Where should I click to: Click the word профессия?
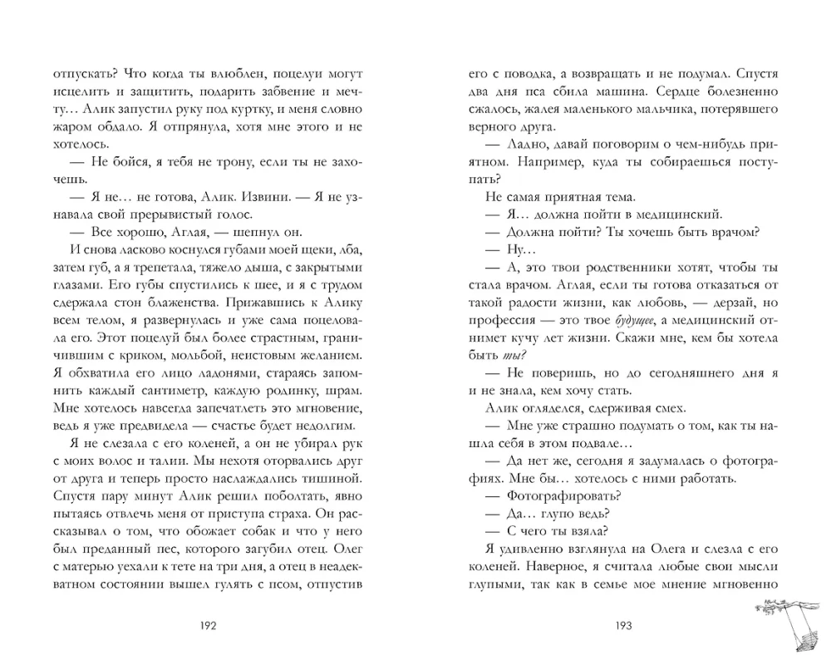tap(507, 319)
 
